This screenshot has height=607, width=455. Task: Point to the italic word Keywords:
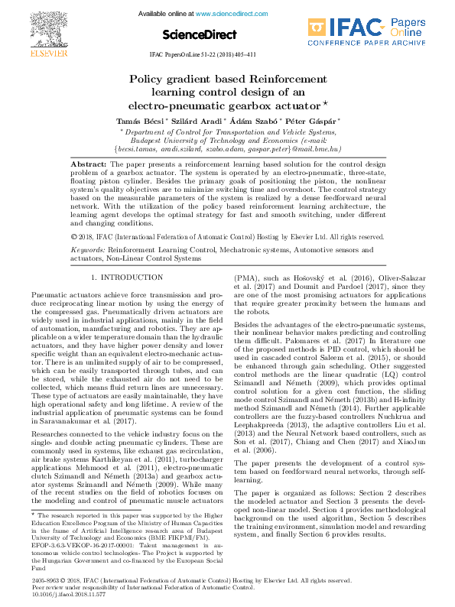coord(87,250)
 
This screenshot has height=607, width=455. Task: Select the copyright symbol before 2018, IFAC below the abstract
coord(73,238)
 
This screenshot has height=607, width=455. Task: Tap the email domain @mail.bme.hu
coord(323,149)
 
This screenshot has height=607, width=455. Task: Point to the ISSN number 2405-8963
coord(44,580)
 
